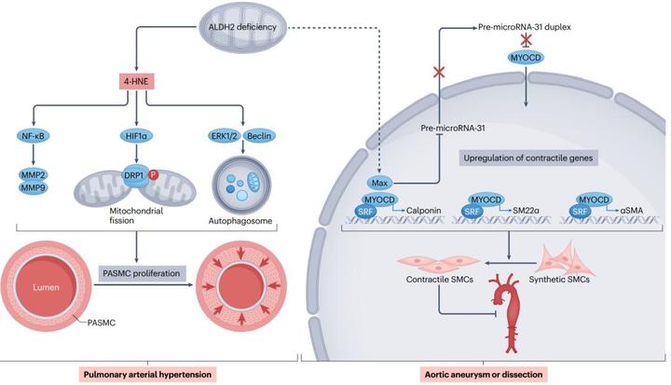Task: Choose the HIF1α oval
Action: tap(136, 135)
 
